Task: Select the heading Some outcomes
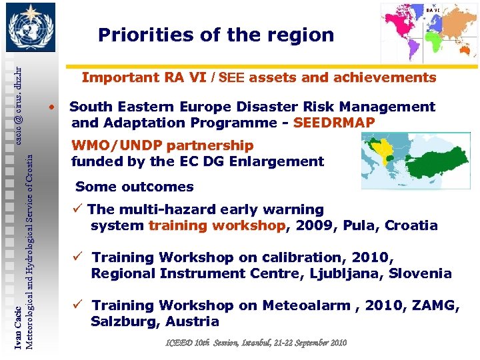coord(135,187)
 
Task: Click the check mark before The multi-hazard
coord(79,210)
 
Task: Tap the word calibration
coord(315,257)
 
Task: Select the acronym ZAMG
coord(436,305)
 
